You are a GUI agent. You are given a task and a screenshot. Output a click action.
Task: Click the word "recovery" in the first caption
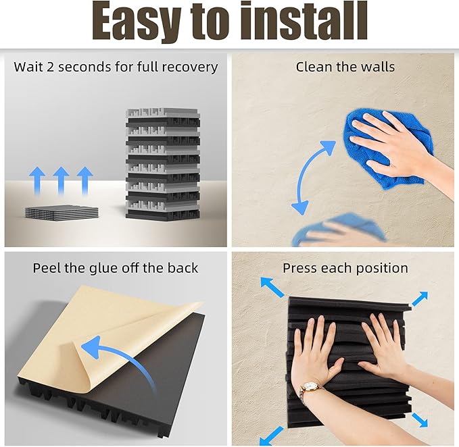click(190, 68)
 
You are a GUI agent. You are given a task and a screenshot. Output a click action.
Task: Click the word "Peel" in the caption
click(46, 268)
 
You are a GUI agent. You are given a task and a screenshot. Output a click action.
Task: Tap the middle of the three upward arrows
click(61, 180)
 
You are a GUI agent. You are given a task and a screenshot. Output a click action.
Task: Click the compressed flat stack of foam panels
click(62, 211)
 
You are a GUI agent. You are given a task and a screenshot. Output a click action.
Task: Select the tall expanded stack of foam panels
click(163, 165)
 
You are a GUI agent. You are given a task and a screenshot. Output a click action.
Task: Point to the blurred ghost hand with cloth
click(339, 231)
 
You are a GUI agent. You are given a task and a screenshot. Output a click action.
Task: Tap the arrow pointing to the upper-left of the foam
click(272, 287)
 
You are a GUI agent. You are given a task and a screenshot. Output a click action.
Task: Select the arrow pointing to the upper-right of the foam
click(420, 298)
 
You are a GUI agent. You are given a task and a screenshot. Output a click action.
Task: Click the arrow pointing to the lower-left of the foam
click(271, 436)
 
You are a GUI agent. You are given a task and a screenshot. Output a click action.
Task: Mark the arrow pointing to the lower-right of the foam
click(420, 420)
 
